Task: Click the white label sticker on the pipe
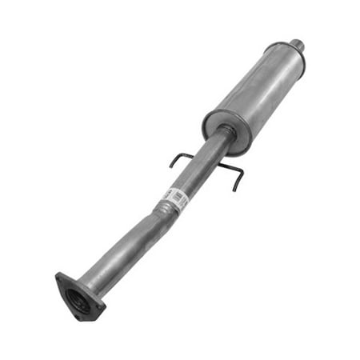pyautogui.click(x=175, y=198)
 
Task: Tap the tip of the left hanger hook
pyautogui.click(x=170, y=166)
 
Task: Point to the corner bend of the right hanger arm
pyautogui.click(x=240, y=172)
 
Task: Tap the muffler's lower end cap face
pyautogui.click(x=218, y=128)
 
